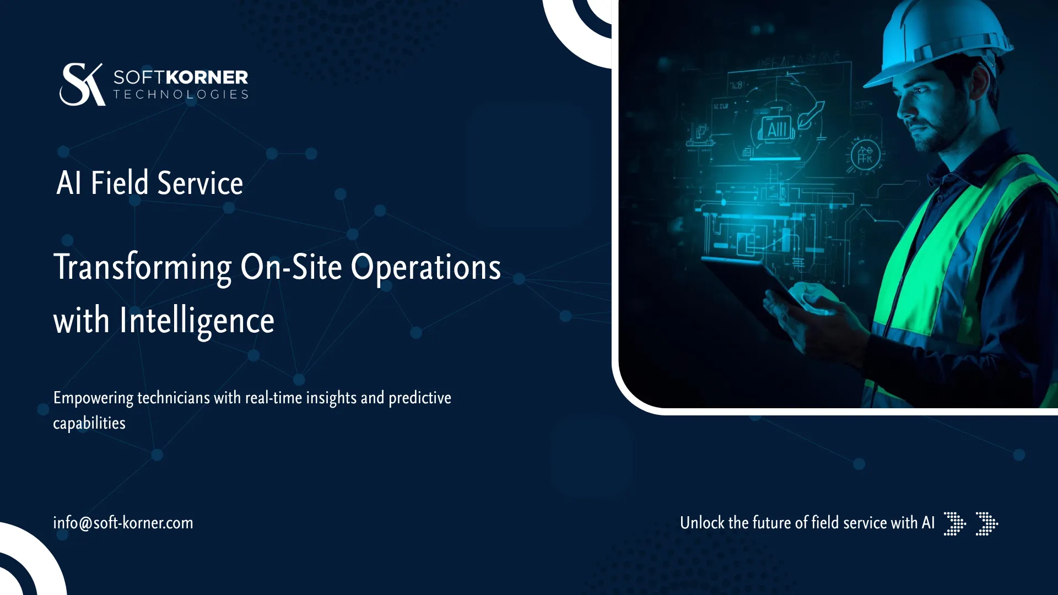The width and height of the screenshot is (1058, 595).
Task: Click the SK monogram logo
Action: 82,84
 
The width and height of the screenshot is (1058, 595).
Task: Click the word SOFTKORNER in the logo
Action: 181,77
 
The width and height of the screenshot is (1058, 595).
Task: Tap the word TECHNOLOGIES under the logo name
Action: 181,95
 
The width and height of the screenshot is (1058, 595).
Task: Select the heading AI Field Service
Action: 149,183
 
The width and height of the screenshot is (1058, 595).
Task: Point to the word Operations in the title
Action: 425,268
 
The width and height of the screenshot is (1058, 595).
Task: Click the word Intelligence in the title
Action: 197,321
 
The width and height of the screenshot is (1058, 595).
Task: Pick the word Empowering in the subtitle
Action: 93,398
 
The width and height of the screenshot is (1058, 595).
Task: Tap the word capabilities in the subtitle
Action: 89,423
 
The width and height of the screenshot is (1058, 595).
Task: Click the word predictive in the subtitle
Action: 419,398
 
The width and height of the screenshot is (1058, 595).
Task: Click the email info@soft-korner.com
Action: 123,523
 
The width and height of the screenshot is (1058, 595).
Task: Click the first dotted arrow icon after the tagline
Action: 954,523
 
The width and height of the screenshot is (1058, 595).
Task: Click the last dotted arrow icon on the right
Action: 986,523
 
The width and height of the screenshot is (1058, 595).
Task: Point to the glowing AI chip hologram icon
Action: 777,130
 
